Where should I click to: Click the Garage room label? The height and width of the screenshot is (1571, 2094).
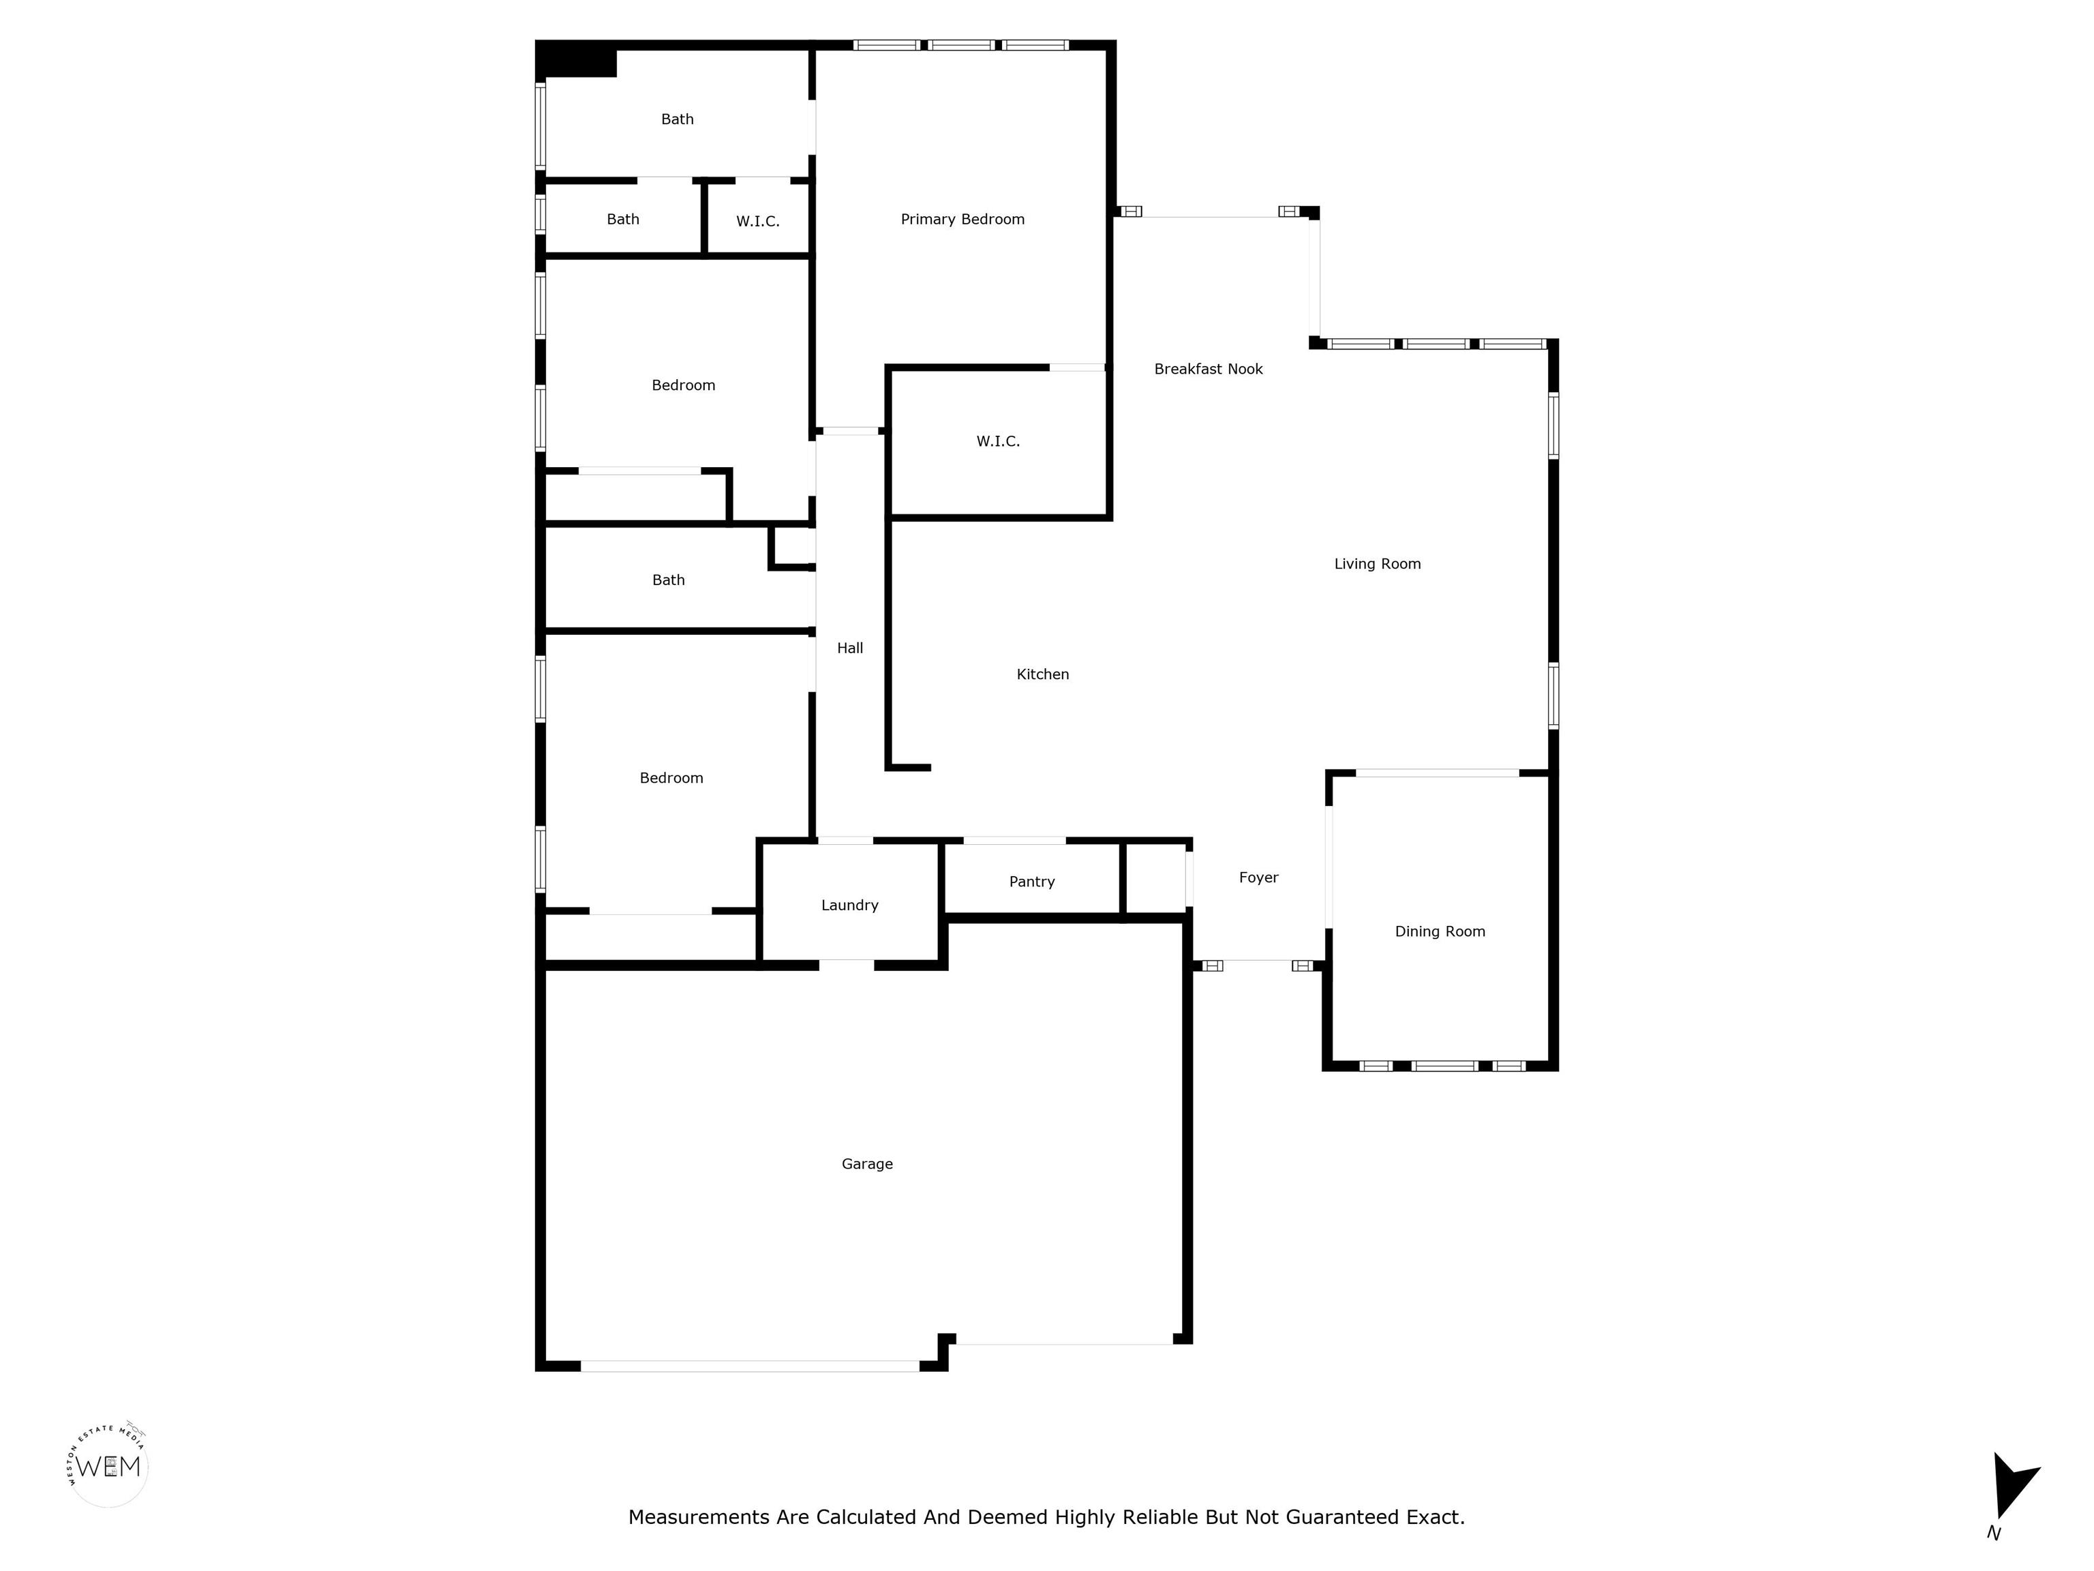click(867, 1164)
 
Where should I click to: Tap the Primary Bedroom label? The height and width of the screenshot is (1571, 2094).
click(962, 220)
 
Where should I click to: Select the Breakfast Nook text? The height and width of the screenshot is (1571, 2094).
click(1208, 370)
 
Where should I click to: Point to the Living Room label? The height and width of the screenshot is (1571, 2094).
click(1378, 565)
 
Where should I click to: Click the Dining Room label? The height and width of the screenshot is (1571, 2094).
click(1440, 932)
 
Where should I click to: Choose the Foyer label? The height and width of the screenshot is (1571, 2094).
click(1259, 878)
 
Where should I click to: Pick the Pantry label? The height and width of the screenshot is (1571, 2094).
click(1032, 882)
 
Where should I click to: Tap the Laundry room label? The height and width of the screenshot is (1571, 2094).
click(850, 906)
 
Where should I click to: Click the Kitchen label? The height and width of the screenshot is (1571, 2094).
click(1043, 674)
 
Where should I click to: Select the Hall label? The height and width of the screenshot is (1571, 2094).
click(850, 648)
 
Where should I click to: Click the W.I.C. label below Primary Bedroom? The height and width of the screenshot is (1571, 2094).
click(998, 441)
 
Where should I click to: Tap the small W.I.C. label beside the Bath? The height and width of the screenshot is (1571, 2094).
click(758, 222)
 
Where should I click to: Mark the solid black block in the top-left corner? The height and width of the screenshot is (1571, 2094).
click(577, 59)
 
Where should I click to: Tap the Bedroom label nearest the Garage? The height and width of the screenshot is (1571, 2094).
click(671, 779)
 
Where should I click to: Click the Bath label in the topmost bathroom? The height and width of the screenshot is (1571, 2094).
click(677, 119)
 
